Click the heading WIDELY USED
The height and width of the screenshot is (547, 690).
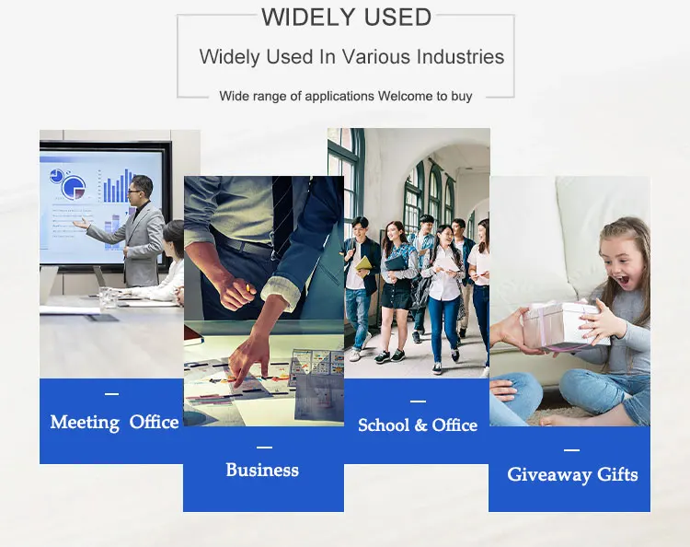[x=346, y=17]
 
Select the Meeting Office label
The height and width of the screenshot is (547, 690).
[x=114, y=423]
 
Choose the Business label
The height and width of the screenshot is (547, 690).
[x=262, y=470]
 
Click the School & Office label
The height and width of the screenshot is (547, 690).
[x=418, y=425]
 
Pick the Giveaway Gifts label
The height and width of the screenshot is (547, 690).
[x=572, y=475]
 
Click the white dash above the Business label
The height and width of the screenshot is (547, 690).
[x=264, y=448]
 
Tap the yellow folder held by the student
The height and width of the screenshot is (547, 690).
[x=363, y=263]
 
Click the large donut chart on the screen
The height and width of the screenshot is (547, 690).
[x=74, y=187]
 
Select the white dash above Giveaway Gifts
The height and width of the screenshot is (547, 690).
[x=571, y=450]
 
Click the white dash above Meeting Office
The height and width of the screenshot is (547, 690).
[x=111, y=394]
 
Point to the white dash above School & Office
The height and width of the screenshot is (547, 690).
[x=418, y=402]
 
